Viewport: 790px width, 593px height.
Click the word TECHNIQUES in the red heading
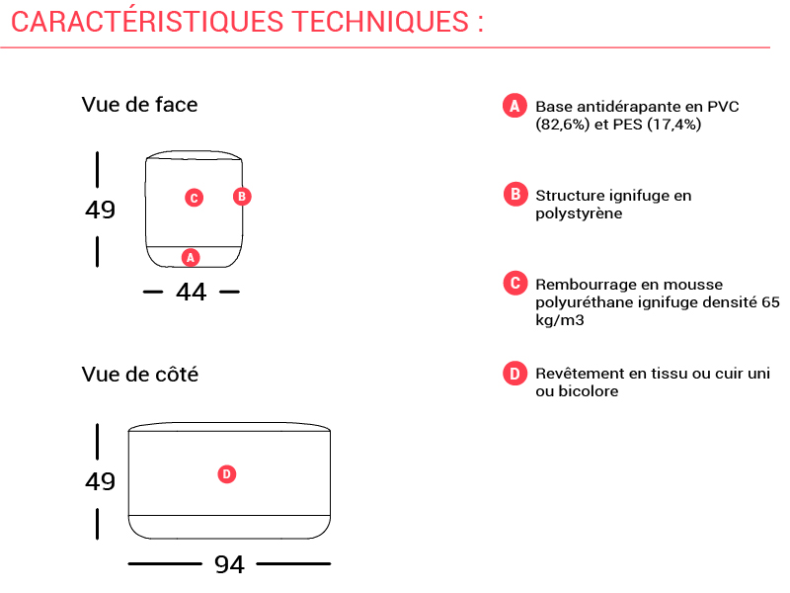(380, 22)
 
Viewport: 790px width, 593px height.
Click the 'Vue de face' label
(139, 105)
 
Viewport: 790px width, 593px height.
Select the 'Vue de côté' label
(140, 375)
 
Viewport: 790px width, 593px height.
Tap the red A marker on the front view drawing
(191, 258)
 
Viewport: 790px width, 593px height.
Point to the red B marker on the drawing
(242, 196)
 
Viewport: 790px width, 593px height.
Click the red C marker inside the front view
(194, 198)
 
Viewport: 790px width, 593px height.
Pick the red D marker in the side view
(227, 474)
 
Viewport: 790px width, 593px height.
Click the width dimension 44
(192, 292)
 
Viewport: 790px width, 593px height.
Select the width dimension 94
(229, 564)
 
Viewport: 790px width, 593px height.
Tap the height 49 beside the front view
(101, 210)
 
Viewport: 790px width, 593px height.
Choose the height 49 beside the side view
(101, 481)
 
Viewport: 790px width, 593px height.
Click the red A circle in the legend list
(514, 106)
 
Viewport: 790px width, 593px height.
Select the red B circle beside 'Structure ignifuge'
(515, 194)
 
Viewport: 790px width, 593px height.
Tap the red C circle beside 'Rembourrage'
(515, 283)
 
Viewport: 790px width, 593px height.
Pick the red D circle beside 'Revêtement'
(514, 374)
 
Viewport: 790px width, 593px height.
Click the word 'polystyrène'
(579, 213)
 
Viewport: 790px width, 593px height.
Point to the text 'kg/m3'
(560, 320)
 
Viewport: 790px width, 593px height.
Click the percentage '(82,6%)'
(562, 125)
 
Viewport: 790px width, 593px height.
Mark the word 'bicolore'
(589, 391)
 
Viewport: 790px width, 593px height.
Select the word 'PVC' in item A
(723, 107)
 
